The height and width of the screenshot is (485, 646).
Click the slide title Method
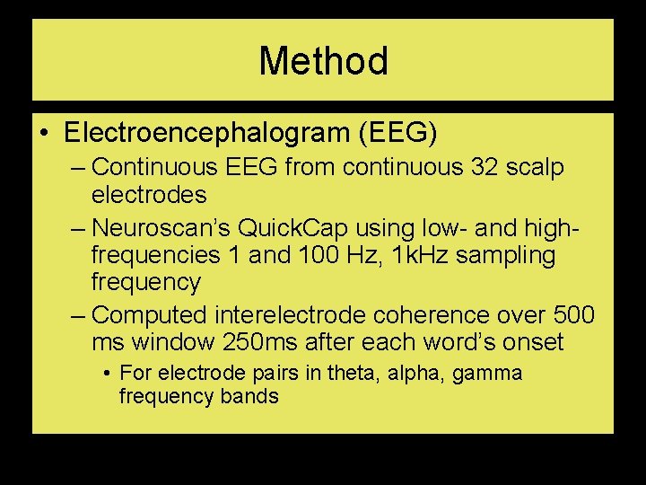pyautogui.click(x=323, y=61)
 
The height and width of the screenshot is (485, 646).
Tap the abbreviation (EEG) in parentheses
pyautogui.click(x=397, y=134)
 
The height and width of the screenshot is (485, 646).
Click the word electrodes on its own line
pyautogui.click(x=149, y=195)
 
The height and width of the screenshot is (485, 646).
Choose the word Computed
pyautogui.click(x=149, y=315)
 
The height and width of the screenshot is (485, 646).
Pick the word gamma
pyautogui.click(x=487, y=374)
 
